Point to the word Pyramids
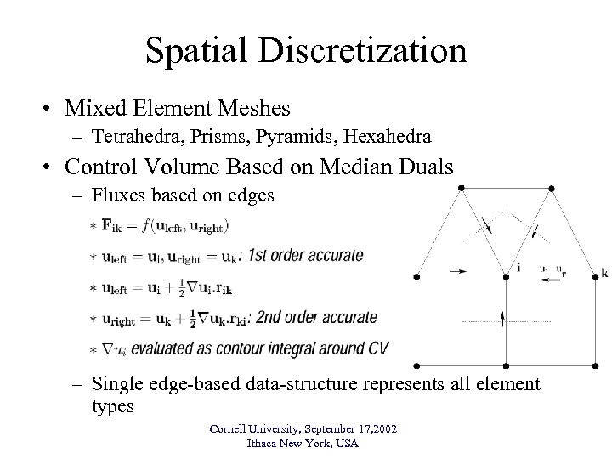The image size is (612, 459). click(x=295, y=135)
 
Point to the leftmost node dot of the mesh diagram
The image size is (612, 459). click(x=416, y=277)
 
